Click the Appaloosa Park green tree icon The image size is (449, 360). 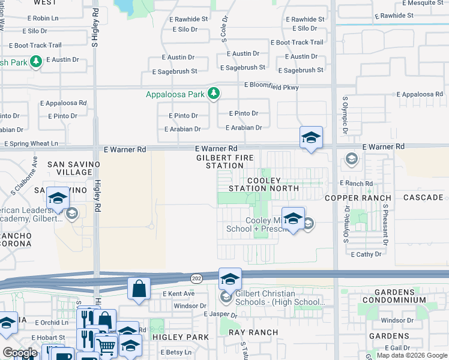pyautogui.click(x=213, y=94)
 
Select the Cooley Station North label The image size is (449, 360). pyautogui.click(x=264, y=184)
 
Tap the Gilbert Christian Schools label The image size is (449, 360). pyautogui.click(x=265, y=298)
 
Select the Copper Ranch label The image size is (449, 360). pyautogui.click(x=358, y=197)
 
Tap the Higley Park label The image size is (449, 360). pyautogui.click(x=181, y=337)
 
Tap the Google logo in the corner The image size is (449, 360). pyautogui.click(x=19, y=353)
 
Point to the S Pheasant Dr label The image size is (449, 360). pyautogui.click(x=385, y=224)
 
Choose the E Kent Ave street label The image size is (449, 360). pyautogui.click(x=179, y=293)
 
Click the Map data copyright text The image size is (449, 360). pyautogui.click(x=412, y=355)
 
